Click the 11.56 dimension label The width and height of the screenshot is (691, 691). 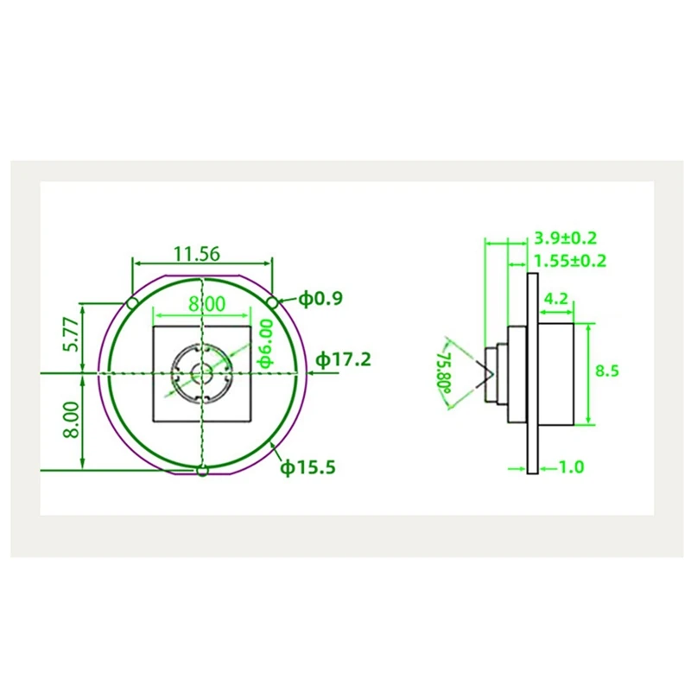click(196, 254)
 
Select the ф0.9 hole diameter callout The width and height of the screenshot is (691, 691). click(321, 299)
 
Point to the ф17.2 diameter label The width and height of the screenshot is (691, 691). click(343, 358)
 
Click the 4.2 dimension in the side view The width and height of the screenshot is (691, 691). click(555, 300)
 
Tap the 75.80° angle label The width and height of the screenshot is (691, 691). click(445, 371)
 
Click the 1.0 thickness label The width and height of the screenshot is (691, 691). click(571, 467)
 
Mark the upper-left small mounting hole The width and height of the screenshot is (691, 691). click(131, 302)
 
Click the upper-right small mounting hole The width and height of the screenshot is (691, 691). click(272, 301)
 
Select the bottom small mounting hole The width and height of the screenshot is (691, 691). click(202, 471)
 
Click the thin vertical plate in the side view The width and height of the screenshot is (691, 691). click(533, 371)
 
